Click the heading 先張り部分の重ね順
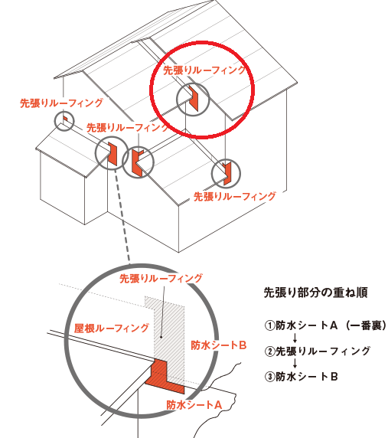(315, 293)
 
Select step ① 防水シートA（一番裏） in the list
(325, 325)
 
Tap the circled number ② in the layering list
(269, 351)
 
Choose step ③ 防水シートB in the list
(302, 377)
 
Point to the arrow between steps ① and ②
(295, 338)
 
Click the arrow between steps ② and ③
(295, 364)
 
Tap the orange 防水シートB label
(219, 345)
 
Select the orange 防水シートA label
(194, 405)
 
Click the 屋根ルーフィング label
(112, 328)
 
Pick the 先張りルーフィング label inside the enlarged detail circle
(161, 279)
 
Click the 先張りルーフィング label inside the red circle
(204, 70)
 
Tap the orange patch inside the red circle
(194, 99)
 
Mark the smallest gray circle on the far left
(64, 121)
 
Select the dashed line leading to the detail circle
(122, 217)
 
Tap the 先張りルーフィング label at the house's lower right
(235, 196)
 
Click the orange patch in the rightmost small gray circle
(227, 174)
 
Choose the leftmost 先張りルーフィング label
(61, 103)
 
